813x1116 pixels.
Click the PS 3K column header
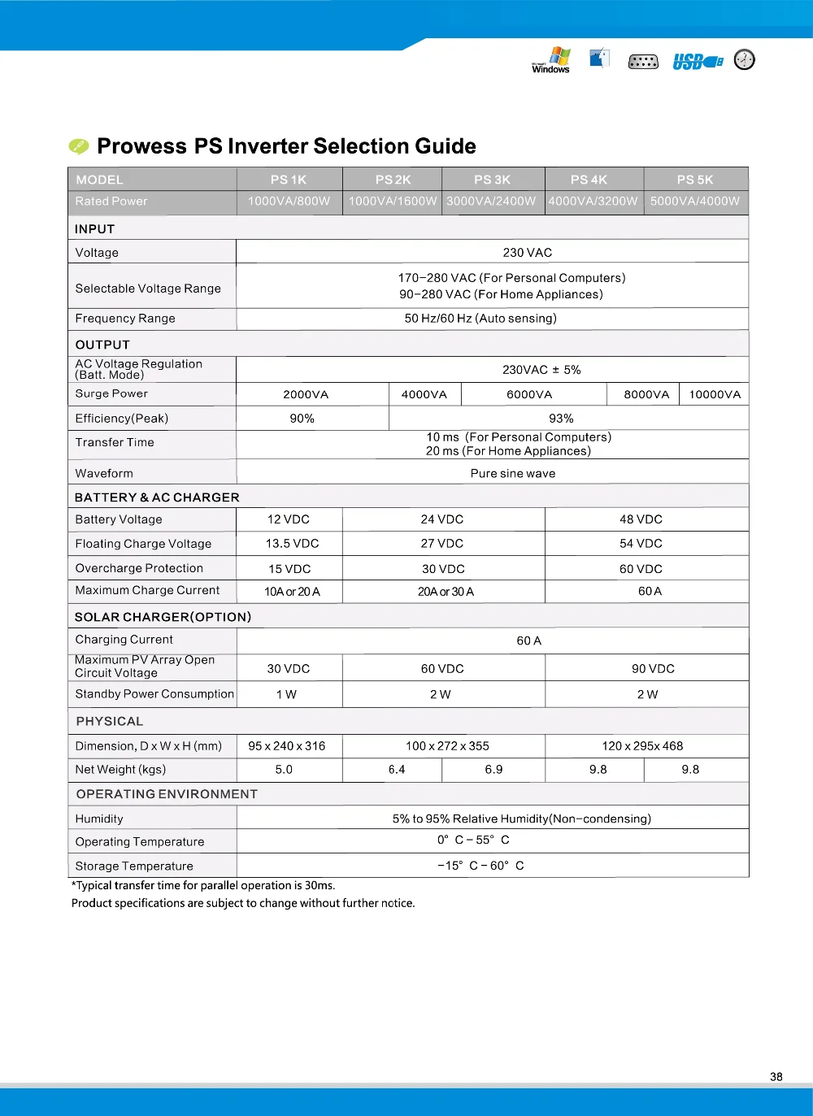click(493, 180)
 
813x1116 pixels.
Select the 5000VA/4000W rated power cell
click(695, 201)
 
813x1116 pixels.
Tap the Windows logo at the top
click(552, 60)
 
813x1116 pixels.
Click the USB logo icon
click(697, 62)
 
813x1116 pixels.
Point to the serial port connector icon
click(643, 62)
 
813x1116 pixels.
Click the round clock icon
click(744, 59)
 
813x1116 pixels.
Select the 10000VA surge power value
click(715, 394)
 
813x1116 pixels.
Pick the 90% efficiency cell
click(302, 418)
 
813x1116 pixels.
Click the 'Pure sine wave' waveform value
click(513, 473)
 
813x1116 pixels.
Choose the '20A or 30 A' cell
click(446, 591)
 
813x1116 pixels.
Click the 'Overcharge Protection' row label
click(139, 568)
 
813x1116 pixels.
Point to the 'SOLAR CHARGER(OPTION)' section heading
click(163, 617)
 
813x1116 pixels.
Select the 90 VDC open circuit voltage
click(653, 668)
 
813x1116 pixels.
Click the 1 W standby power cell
click(286, 694)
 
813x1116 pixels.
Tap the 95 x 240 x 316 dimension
click(287, 745)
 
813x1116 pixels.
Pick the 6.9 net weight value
click(493, 769)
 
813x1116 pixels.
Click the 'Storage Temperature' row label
click(134, 866)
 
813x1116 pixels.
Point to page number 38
click(776, 1076)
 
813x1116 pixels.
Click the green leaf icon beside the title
click(79, 146)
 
